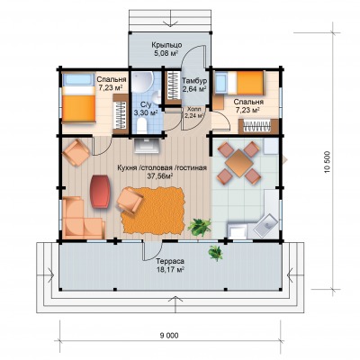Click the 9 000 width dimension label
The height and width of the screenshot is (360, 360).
click(170, 336)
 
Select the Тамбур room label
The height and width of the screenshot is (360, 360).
click(194, 81)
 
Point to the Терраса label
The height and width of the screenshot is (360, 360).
click(170, 261)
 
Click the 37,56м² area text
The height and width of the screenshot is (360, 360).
click(161, 176)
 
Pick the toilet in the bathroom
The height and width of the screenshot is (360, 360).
click(141, 125)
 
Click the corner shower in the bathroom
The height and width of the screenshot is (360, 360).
click(142, 82)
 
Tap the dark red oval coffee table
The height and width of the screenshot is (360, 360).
click(100, 192)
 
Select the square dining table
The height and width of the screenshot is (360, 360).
click(239, 163)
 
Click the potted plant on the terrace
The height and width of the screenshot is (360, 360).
click(216, 253)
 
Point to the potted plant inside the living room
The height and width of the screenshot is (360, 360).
click(200, 227)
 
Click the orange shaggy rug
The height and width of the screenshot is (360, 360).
click(153, 211)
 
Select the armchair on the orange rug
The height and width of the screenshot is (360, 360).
click(130, 201)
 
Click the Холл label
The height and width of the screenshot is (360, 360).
click(193, 109)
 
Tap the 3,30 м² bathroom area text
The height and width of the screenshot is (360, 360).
click(146, 113)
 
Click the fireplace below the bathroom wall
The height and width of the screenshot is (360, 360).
click(146, 146)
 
